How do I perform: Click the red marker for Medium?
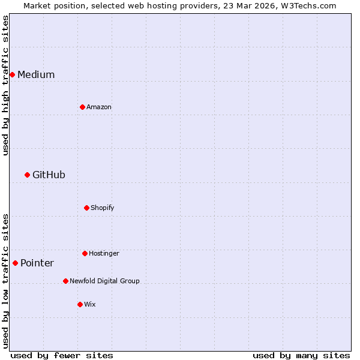coord(12,74)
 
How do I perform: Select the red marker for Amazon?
coord(82,107)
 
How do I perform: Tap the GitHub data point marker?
coord(27,175)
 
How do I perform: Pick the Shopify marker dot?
coord(86,208)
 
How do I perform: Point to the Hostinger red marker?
coord(85,253)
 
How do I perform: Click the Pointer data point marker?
coord(15,263)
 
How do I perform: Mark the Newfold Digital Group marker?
coord(65,281)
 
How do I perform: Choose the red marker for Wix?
coord(80,304)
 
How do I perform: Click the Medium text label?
coord(36,74)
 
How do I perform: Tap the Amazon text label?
coord(99,107)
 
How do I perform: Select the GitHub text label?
coord(49,175)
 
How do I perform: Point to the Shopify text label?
coord(103,208)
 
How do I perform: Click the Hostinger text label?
coord(104,253)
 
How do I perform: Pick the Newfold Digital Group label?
coord(104,281)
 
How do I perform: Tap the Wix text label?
coord(90,304)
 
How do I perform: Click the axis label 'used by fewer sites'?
coord(62,355)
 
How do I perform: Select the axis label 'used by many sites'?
coord(301,355)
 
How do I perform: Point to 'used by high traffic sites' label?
coord(5,85)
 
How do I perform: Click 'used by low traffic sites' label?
coord(5,280)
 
